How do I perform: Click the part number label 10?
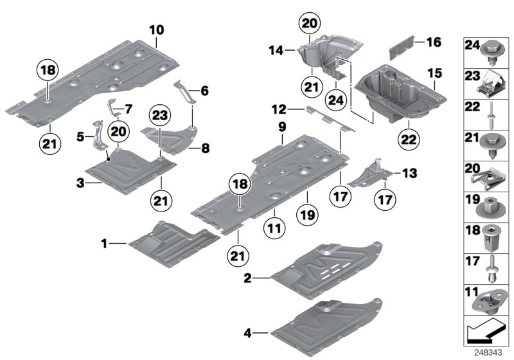click(x=157, y=30)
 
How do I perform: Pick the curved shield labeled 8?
click(x=170, y=137)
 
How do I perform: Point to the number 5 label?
click(x=80, y=136)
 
